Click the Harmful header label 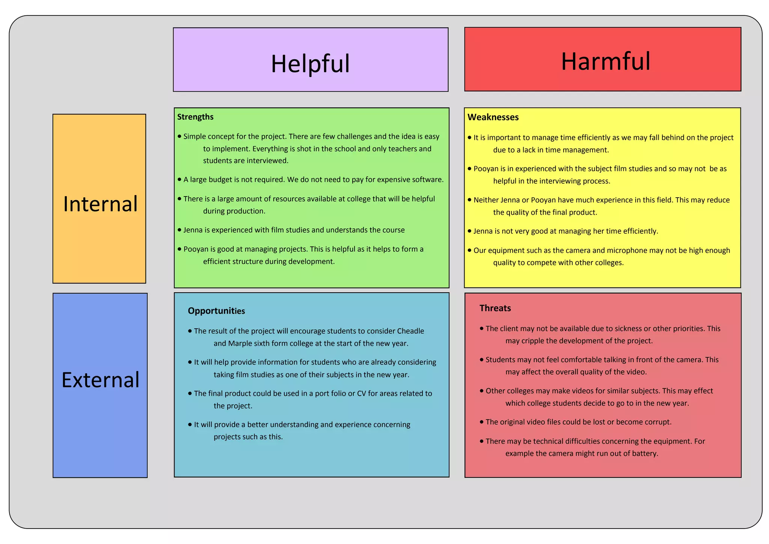[x=605, y=61]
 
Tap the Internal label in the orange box [x=100, y=204]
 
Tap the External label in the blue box [x=100, y=380]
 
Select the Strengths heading [x=195, y=117]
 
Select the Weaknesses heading [x=493, y=117]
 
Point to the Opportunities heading [x=216, y=311]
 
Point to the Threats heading [x=495, y=308]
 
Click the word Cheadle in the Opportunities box [x=410, y=331]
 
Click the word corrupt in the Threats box [x=657, y=422]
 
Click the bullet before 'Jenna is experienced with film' [x=179, y=230]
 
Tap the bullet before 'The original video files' [x=482, y=422]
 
